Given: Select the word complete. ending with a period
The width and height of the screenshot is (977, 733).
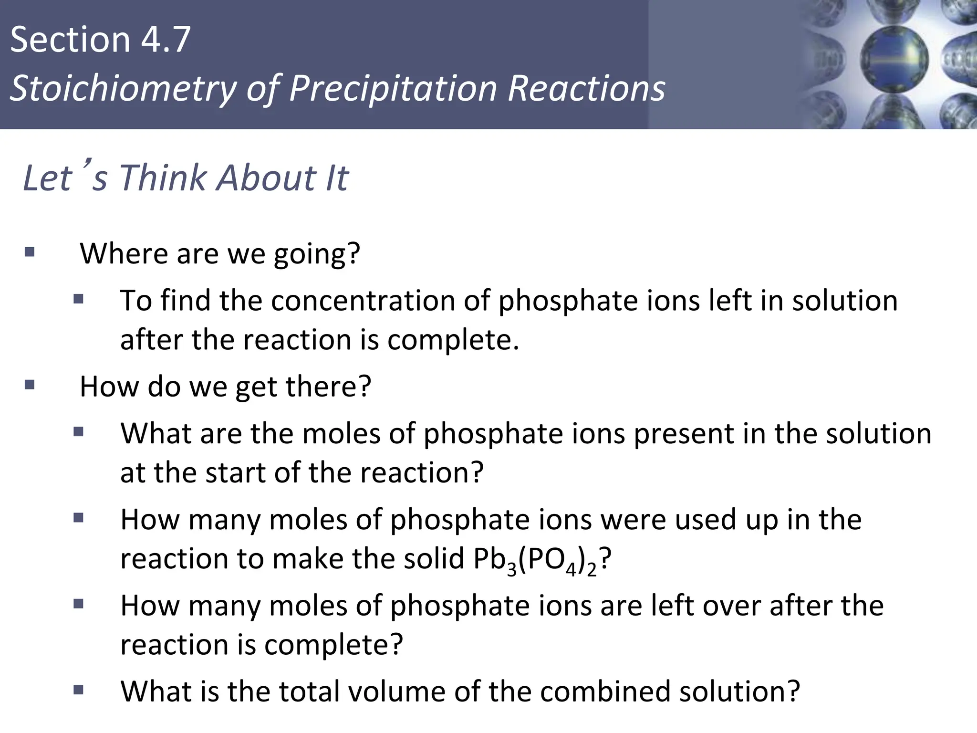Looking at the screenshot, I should (x=453, y=340).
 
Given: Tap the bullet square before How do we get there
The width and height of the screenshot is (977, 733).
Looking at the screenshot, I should (x=30, y=385).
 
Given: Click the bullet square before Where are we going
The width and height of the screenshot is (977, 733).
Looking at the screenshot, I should (x=30, y=251).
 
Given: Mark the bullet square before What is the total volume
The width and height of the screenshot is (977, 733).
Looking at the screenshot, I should (x=78, y=689).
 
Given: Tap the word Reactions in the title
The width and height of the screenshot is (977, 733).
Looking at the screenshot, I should (x=586, y=89).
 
